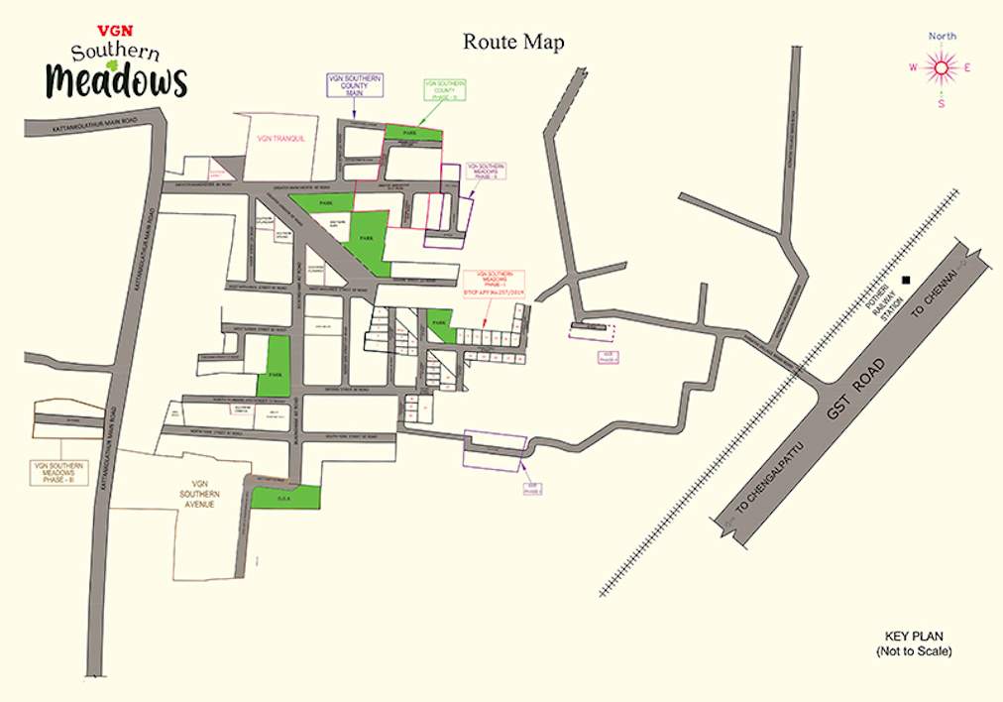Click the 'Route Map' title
(513, 43)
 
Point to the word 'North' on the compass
(943, 37)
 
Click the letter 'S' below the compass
(942, 103)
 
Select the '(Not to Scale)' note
(913, 651)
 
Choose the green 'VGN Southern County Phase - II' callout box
(444, 90)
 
